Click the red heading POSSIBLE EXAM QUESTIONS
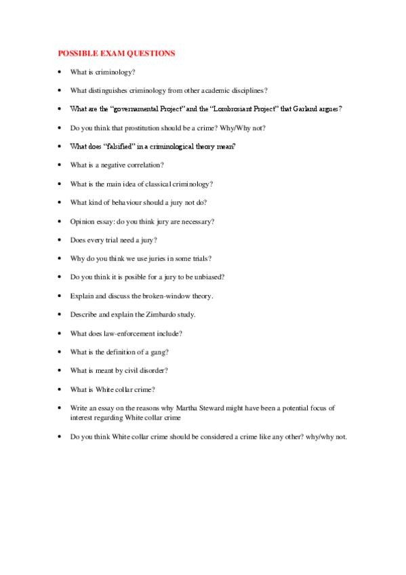point(116,52)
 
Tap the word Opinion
point(83,221)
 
